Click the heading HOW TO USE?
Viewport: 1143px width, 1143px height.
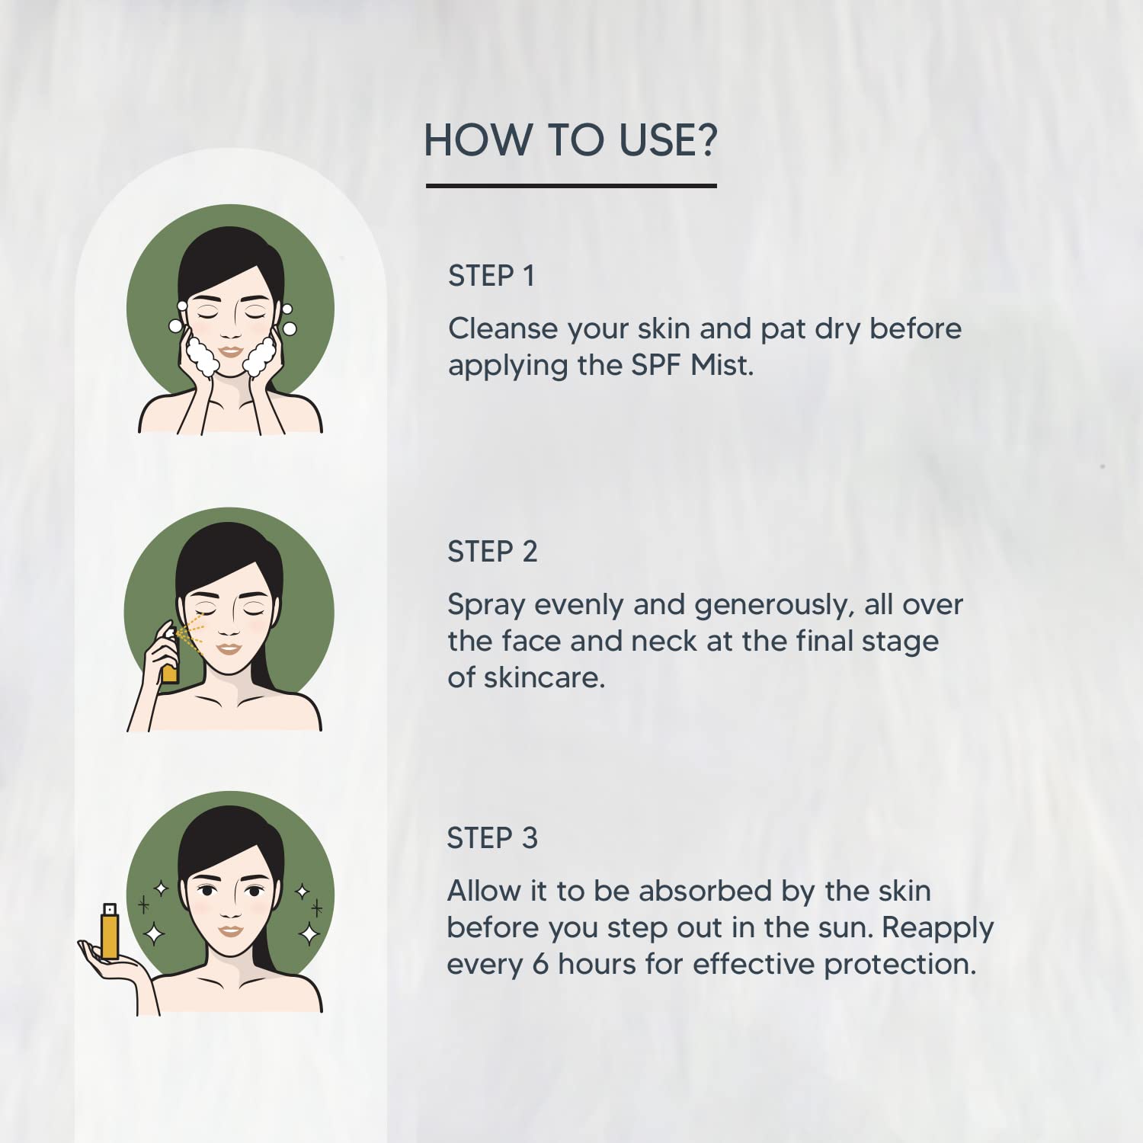571,140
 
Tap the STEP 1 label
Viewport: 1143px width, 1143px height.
491,276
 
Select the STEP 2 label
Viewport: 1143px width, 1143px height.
492,552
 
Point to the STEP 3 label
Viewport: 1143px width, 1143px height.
492,838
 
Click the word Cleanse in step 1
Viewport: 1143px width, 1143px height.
503,328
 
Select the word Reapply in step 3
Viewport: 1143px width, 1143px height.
937,929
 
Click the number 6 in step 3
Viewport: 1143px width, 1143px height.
540,965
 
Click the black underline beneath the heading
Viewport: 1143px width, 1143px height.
571,185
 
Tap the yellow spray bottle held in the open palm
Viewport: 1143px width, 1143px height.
110,930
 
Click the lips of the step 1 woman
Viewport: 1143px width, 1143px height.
230,352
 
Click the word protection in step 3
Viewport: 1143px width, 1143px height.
900,965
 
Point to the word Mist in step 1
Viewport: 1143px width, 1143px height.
722,365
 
